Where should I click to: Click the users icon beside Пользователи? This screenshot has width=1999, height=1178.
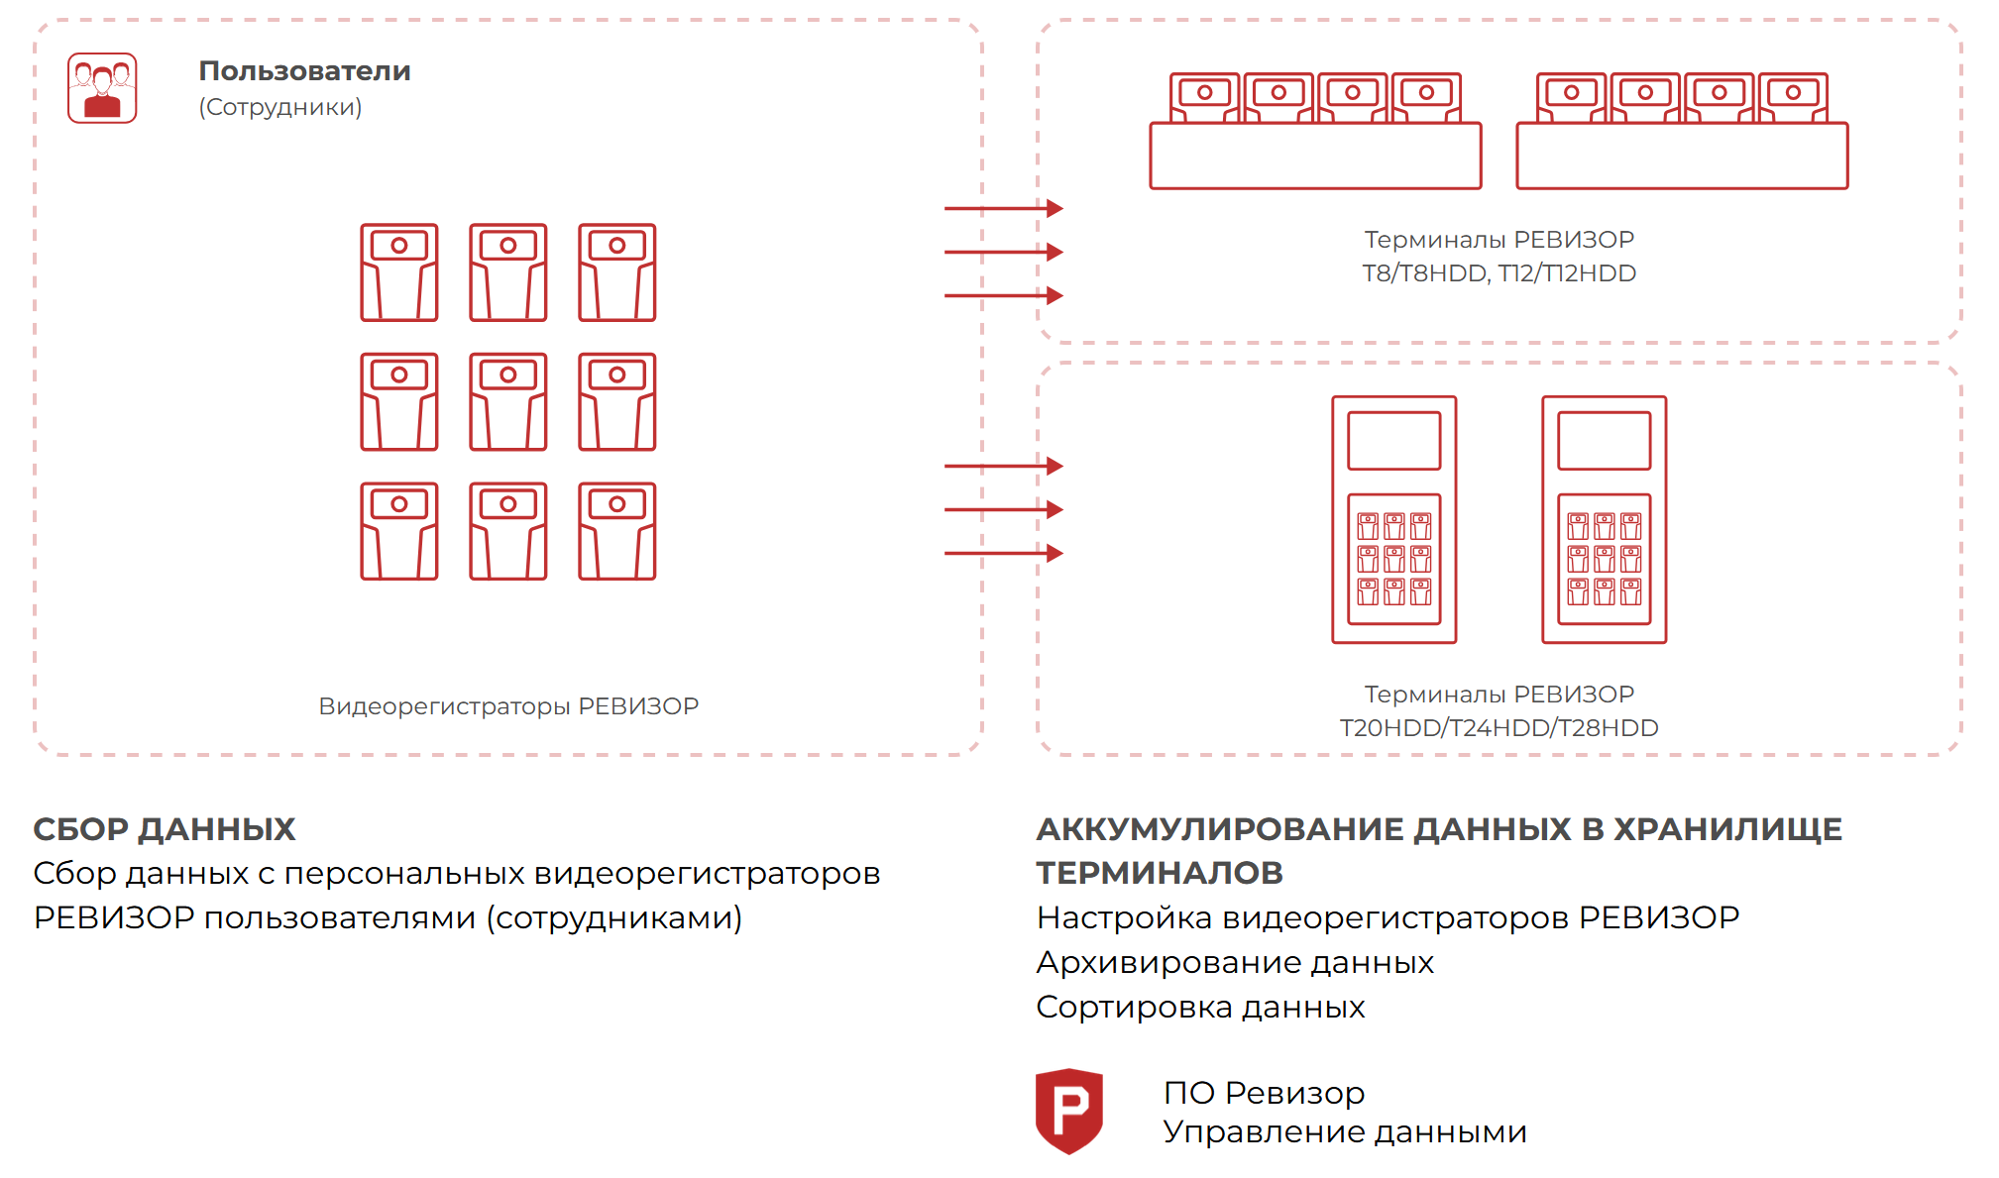(x=102, y=88)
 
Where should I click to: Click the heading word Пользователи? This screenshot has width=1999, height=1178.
(x=304, y=71)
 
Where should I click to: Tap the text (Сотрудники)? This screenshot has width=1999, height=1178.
(x=280, y=107)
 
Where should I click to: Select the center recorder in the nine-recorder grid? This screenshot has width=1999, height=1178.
(x=508, y=401)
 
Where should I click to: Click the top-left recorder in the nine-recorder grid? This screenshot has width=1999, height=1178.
(x=399, y=272)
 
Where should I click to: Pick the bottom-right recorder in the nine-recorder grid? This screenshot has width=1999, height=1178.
(x=617, y=531)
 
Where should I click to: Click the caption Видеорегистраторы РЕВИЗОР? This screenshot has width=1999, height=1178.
(x=508, y=706)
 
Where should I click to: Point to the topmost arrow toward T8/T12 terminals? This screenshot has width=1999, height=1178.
(x=1003, y=208)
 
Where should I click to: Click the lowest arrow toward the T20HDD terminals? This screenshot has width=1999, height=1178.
(x=1003, y=553)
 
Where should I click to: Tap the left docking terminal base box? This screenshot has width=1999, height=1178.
(x=1316, y=156)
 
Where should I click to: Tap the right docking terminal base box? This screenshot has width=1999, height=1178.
(x=1682, y=156)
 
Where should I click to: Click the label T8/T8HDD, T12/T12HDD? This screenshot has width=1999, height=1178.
(x=1499, y=273)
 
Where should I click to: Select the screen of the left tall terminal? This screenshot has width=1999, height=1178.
(x=1394, y=441)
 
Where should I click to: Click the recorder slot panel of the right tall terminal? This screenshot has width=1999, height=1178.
(x=1605, y=559)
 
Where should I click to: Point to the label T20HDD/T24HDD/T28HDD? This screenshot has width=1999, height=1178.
(x=1499, y=728)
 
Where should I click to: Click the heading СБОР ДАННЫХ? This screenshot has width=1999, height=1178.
(x=165, y=829)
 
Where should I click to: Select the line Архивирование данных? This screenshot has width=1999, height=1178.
(x=1235, y=963)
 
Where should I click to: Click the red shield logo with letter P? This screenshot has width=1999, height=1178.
(x=1069, y=1111)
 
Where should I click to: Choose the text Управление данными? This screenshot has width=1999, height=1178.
(x=1345, y=1131)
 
